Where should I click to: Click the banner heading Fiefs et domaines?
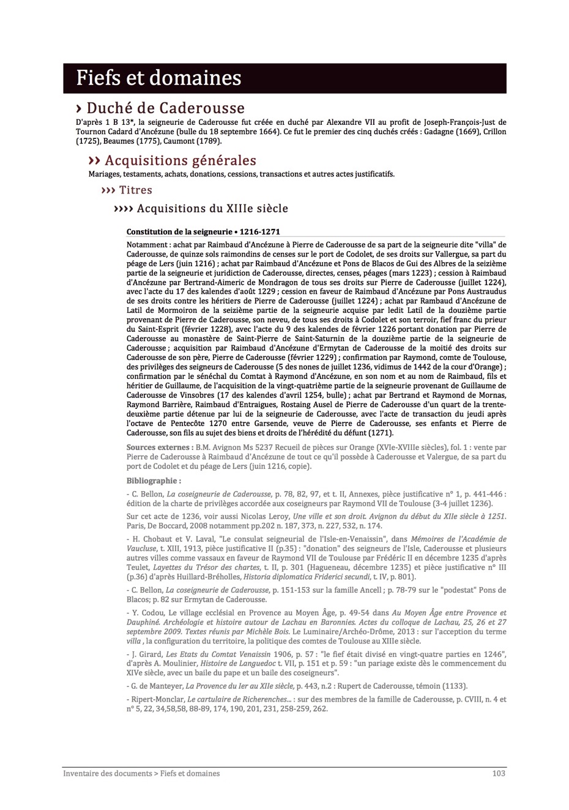158,78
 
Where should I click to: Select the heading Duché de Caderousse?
165,108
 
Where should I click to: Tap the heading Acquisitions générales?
180,160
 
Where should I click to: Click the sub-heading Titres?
135,190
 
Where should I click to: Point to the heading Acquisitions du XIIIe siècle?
212,208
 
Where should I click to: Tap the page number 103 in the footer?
499,773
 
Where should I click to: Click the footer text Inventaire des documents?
107,773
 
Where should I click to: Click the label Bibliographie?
154,481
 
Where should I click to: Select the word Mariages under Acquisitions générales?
105,174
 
